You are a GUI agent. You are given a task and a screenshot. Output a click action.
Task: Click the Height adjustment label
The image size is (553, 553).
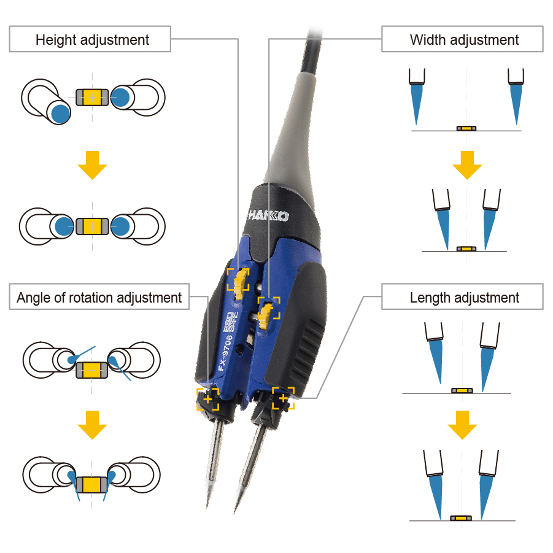[92, 40]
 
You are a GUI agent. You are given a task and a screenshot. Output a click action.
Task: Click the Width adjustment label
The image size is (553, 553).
[464, 40]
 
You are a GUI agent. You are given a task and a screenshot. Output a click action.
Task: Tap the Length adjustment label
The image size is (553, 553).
[464, 298]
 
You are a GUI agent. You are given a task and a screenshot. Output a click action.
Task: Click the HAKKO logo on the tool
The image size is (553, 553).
[268, 216]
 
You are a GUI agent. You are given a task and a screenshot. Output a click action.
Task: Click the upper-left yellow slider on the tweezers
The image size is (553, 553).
[238, 279]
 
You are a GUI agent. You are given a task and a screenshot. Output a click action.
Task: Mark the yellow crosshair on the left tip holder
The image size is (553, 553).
[207, 400]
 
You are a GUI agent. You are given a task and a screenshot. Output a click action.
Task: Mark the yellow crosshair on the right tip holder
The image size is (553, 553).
[283, 398]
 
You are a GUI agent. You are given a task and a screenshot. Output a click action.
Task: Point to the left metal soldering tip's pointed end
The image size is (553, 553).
[207, 505]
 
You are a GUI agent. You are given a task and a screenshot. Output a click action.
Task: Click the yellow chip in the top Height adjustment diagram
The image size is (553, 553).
[92, 96]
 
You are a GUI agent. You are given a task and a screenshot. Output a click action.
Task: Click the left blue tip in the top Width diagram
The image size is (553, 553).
[417, 101]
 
